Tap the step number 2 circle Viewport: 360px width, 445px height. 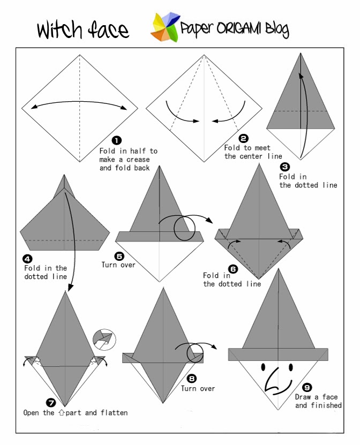pyautogui.click(x=244, y=138)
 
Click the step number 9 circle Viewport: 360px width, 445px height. pyautogui.click(x=306, y=387)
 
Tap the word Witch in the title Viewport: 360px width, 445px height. pyautogui.click(x=58, y=29)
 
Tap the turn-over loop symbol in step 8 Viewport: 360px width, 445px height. pyautogui.click(x=195, y=354)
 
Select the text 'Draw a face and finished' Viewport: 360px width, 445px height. pyautogui.click(x=318, y=401)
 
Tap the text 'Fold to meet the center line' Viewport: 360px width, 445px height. pyautogui.click(x=253, y=152)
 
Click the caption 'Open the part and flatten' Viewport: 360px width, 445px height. pyautogui.click(x=76, y=413)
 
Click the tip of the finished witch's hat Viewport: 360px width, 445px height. pyautogui.click(x=279, y=270)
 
